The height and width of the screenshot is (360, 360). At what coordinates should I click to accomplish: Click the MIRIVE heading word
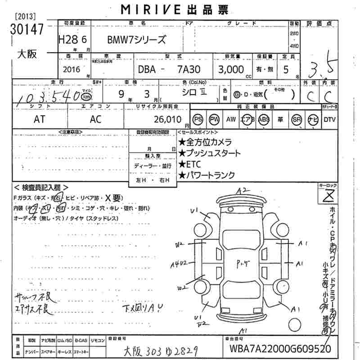pyautogui.click(x=143, y=9)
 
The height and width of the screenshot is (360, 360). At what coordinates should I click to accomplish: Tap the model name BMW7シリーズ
pyautogui.click(x=136, y=40)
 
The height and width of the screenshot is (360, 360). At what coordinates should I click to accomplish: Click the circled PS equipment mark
pyautogui.click(x=198, y=119)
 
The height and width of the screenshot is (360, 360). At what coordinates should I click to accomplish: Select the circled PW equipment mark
pyautogui.click(x=215, y=119)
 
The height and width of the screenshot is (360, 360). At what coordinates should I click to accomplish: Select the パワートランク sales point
pyautogui.click(x=207, y=175)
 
